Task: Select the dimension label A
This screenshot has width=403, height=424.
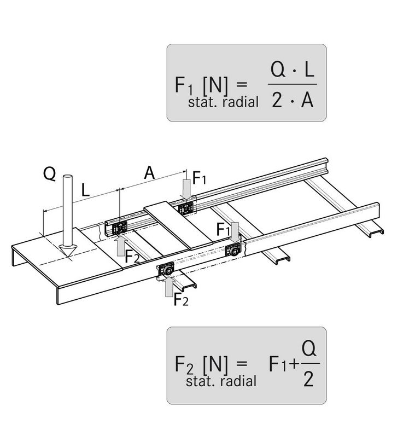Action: [148, 173]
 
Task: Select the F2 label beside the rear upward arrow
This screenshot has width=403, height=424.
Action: [132, 256]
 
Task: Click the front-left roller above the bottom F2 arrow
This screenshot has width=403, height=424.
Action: [166, 270]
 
